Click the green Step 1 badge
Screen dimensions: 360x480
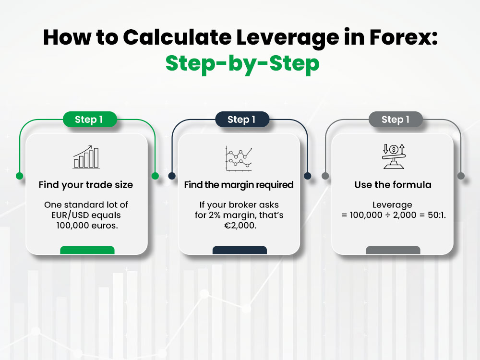[x=89, y=120]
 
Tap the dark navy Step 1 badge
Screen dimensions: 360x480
[x=241, y=120]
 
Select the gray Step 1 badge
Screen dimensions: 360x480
[x=395, y=120]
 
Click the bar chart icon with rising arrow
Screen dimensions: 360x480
[x=86, y=157]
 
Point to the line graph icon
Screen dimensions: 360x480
[x=239, y=158]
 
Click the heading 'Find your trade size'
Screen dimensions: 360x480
[x=86, y=185]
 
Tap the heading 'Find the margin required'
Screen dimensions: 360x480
[x=239, y=185]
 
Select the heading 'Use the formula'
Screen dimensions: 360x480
[x=393, y=185]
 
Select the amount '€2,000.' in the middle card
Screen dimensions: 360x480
[x=239, y=226]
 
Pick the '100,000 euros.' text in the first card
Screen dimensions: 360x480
[x=86, y=226]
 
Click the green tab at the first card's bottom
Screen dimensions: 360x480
[x=87, y=250]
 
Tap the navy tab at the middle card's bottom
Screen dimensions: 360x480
[x=240, y=250]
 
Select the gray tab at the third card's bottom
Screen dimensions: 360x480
[x=393, y=250]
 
